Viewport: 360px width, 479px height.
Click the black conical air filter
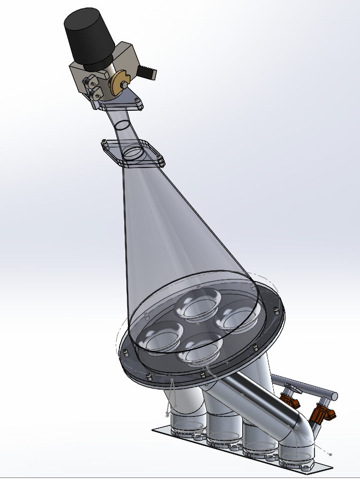coord(88,36)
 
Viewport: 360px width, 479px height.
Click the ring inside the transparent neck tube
coord(123,125)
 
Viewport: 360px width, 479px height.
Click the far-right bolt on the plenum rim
coord(275,310)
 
